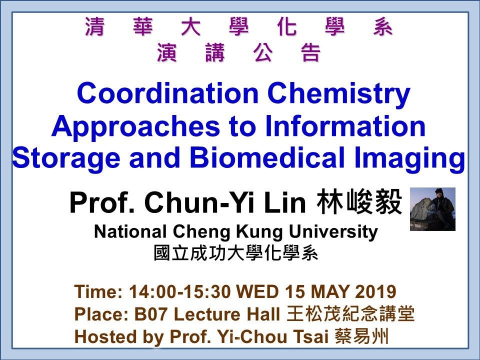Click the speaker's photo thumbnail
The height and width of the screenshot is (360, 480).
[x=432, y=209]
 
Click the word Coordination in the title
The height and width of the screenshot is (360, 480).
[x=168, y=93]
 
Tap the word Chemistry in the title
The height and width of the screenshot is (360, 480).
[x=339, y=95]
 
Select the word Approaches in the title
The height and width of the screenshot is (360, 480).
[x=135, y=127]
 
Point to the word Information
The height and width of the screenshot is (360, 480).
[x=345, y=126]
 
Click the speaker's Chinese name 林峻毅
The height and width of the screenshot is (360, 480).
[x=359, y=202]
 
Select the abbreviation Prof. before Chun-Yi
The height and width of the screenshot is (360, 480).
[x=102, y=202]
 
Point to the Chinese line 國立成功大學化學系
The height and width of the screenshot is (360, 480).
[x=236, y=253]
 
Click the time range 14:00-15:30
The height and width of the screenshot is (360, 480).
[x=179, y=291]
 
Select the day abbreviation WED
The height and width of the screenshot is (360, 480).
[x=257, y=291]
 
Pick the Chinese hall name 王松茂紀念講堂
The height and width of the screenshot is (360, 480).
[x=350, y=314]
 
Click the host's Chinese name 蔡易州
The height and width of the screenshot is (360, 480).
[x=361, y=336]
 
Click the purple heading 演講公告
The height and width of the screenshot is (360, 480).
[x=239, y=52]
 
